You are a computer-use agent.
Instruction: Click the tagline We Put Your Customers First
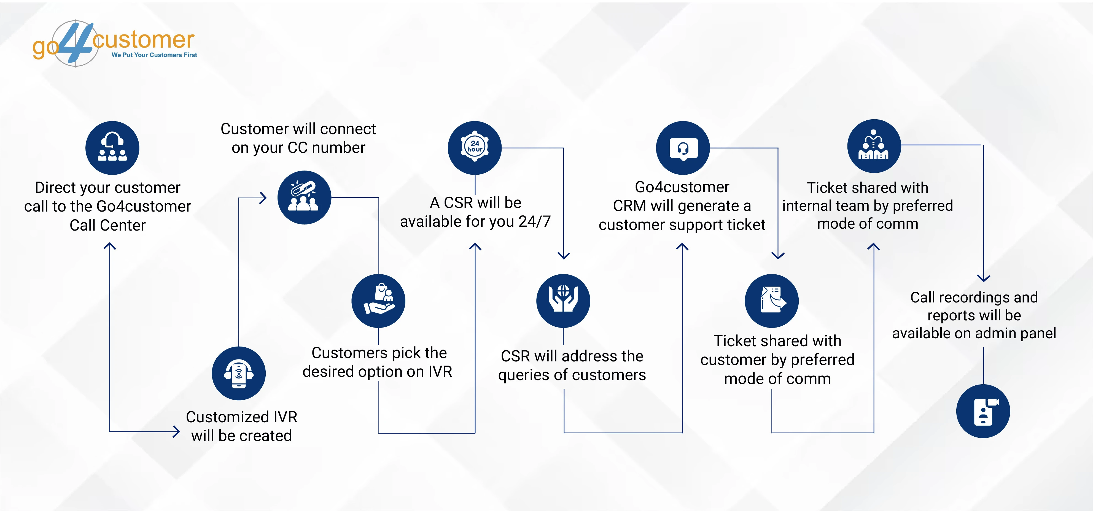point(154,55)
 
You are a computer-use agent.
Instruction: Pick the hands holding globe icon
point(563,300)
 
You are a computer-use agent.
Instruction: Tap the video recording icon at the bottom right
point(983,411)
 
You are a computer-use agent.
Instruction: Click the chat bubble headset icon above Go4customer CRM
point(683,148)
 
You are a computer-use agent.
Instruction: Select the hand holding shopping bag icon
point(378,301)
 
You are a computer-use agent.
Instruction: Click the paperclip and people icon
point(304,197)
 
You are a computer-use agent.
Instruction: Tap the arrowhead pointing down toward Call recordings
point(983,278)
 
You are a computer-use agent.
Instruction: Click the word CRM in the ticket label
point(630,206)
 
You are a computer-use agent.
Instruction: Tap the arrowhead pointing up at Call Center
point(110,246)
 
